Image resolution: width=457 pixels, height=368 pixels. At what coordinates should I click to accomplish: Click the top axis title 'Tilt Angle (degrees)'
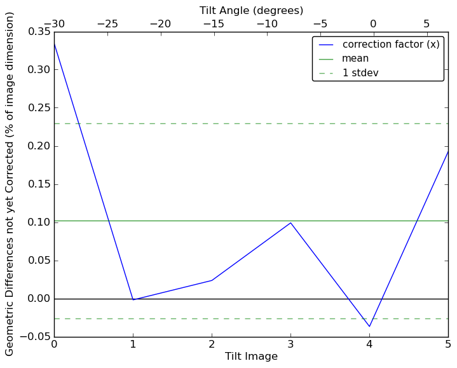coord(251,10)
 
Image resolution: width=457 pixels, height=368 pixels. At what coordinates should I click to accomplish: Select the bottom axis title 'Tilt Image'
coord(251,357)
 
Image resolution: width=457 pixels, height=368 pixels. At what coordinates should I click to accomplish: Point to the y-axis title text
coord(10,184)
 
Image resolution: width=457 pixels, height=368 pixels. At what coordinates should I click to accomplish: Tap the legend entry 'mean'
coord(355,58)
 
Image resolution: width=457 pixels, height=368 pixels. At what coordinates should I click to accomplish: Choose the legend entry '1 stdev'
coord(360,72)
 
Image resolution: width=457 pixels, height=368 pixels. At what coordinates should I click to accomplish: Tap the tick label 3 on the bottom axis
coord(290,345)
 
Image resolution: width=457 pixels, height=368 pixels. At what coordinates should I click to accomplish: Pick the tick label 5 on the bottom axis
coord(448,345)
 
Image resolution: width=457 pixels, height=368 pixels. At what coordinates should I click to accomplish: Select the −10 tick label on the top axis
coord(266,24)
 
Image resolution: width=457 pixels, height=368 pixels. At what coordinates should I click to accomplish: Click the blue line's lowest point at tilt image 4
coord(369,327)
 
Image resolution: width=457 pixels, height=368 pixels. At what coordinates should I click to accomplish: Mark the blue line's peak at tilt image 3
coord(290,222)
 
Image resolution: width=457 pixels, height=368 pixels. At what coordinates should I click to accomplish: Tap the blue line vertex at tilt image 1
coord(133,300)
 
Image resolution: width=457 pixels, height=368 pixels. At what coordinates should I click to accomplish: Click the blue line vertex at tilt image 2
coord(212,280)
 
